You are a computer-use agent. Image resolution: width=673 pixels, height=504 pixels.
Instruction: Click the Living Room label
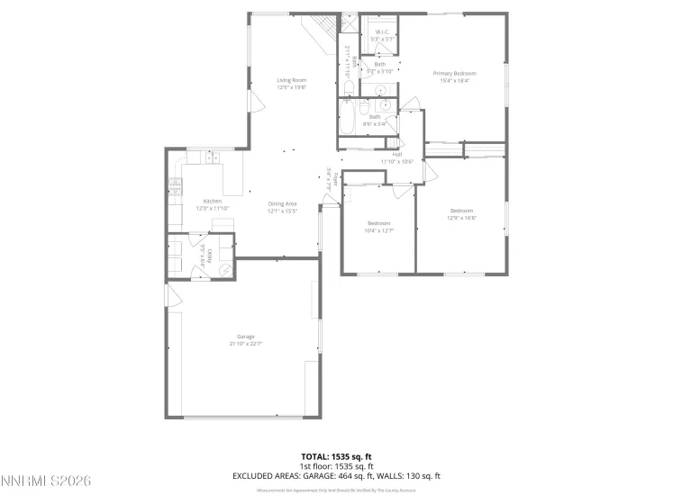291,81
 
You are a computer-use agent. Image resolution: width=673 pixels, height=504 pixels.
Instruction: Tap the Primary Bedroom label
454,73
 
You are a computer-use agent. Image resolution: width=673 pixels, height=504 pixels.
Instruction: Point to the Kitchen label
212,201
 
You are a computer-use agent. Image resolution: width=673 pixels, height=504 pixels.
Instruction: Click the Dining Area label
282,204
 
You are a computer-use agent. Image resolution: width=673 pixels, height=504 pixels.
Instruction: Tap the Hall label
396,154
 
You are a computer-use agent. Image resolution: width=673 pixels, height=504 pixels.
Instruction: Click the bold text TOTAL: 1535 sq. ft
335,457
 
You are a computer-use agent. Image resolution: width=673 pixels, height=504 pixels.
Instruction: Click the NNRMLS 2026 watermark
46,483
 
